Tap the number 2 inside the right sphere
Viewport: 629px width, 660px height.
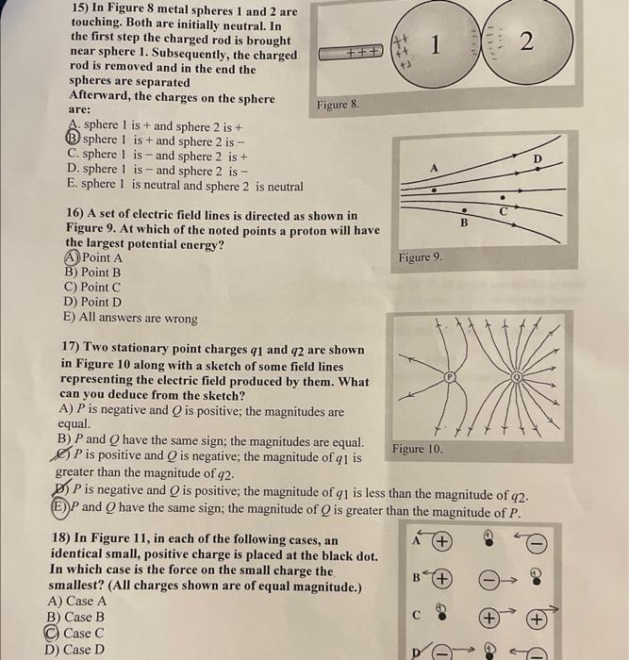(x=525, y=42)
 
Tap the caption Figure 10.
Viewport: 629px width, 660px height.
(x=417, y=450)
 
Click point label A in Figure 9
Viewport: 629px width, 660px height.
(x=434, y=166)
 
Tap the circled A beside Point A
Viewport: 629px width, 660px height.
(x=72, y=257)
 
